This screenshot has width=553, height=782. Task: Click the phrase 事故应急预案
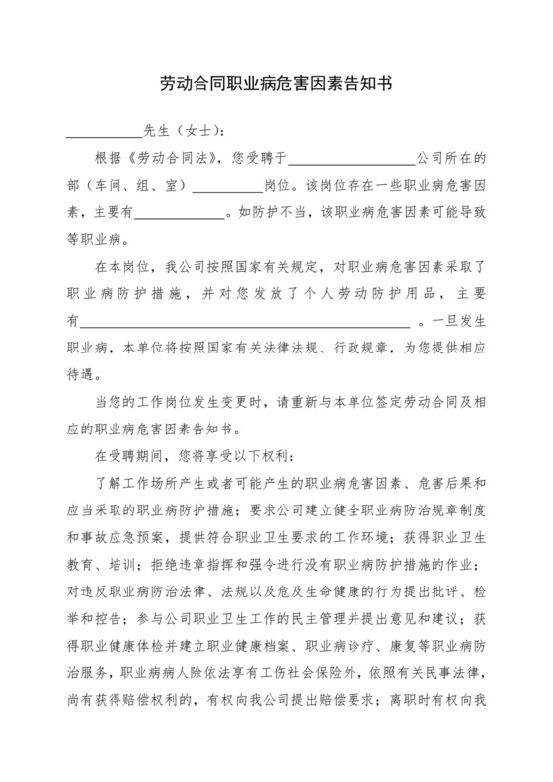(x=126, y=538)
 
